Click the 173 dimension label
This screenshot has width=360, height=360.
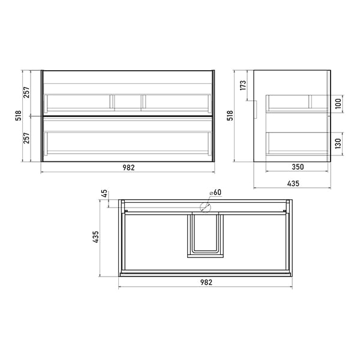[x=243, y=85]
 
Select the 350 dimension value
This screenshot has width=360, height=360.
[x=298, y=167]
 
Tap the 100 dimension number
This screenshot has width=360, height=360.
[x=338, y=104]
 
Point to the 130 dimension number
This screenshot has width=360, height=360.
[x=338, y=143]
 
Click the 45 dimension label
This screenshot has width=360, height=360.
[x=104, y=193]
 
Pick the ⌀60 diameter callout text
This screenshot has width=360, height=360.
[x=215, y=193]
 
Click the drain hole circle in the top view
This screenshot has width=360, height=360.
[x=205, y=208]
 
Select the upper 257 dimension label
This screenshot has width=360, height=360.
[x=26, y=92]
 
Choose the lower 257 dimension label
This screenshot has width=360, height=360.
[x=26, y=138]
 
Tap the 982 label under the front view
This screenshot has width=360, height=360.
[x=128, y=167]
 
